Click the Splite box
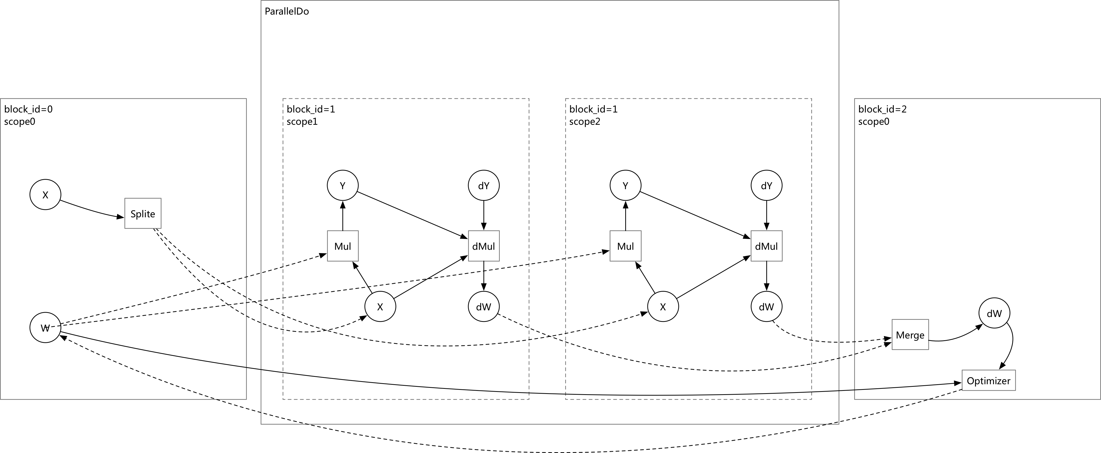[143, 213]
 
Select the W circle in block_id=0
[45, 328]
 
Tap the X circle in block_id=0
[45, 195]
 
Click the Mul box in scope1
[343, 246]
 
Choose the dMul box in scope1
[484, 246]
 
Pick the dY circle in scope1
[484, 185]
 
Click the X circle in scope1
[380, 306]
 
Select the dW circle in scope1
[484, 306]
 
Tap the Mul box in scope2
[625, 246]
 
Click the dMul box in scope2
[767, 246]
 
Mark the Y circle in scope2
[625, 185]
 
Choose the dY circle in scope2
[767, 185]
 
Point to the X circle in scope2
[663, 306]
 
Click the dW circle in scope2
[767, 306]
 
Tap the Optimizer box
[989, 380]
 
